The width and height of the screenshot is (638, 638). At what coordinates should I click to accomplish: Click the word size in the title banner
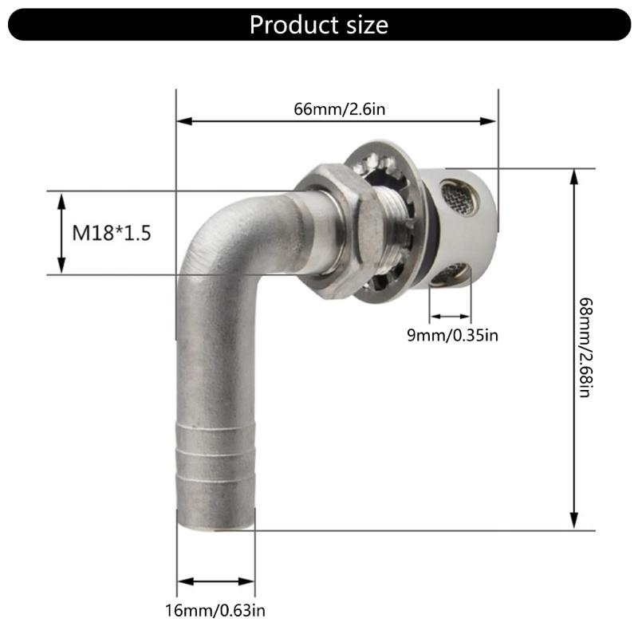coord(363,25)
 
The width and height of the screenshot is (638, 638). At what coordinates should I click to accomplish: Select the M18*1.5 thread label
coord(112,233)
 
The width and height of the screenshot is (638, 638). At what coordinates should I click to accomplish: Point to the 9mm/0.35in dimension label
coord(453,336)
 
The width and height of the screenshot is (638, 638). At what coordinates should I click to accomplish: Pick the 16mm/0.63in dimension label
coord(215,611)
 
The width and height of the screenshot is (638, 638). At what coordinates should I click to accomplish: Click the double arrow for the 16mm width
coord(216,581)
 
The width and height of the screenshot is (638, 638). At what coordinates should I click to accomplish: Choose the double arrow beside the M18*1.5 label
coord(62,233)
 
